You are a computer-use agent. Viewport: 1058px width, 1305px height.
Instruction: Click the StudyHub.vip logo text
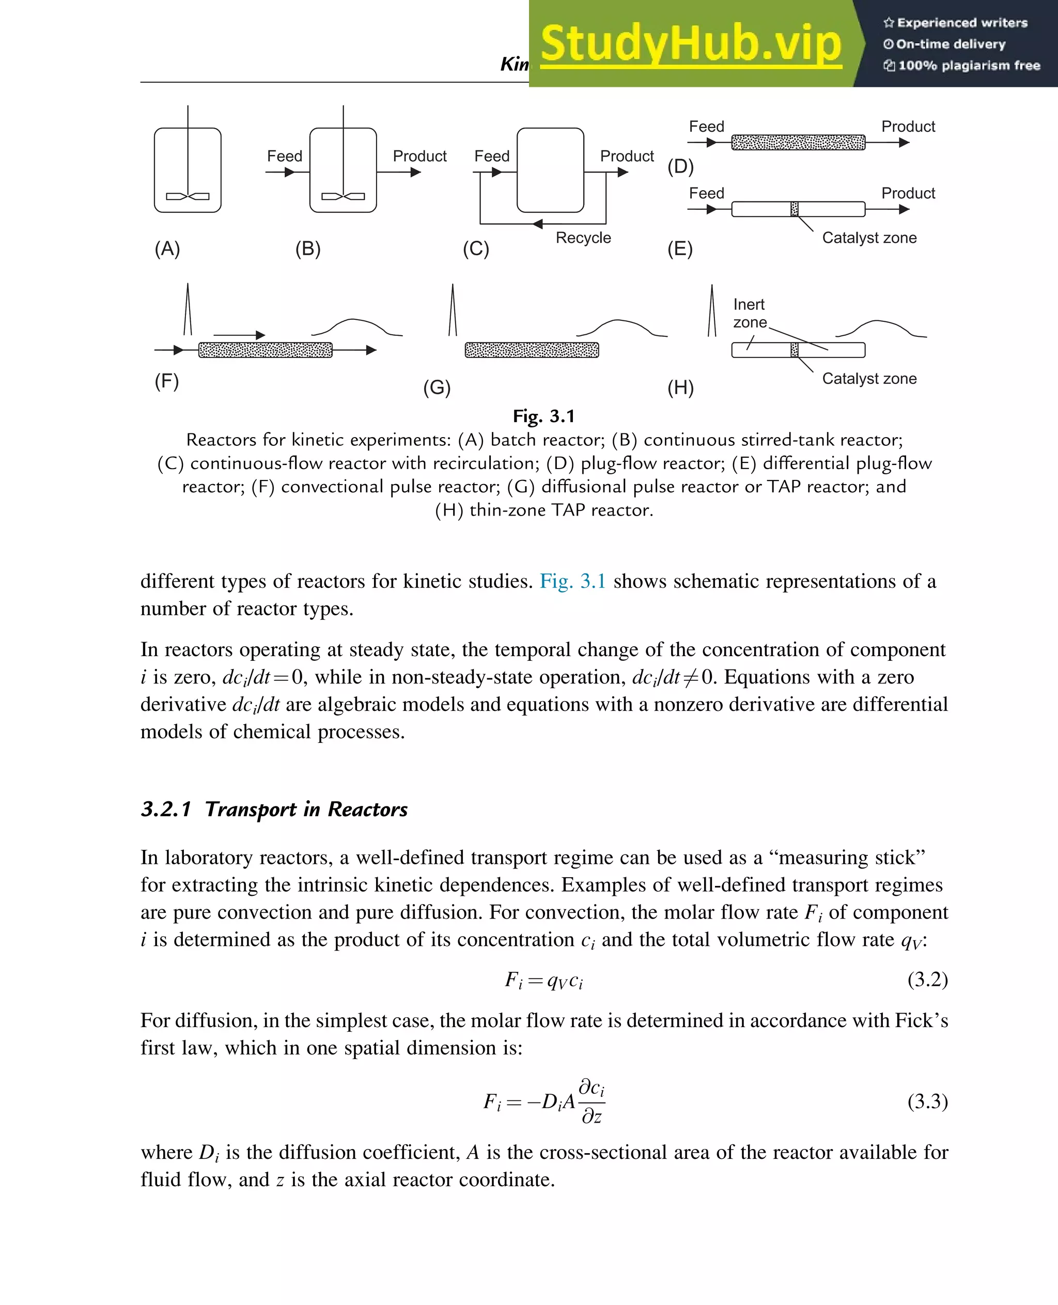coord(691,44)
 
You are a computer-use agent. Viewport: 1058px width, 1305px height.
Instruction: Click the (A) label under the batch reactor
coord(167,248)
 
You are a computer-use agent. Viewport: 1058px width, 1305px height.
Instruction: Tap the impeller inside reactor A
coord(188,196)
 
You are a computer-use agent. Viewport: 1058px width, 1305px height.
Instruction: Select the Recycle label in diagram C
coord(583,238)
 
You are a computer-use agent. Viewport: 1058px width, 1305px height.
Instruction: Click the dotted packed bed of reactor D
coord(798,143)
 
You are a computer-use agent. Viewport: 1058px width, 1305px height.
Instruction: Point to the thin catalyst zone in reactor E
coord(794,209)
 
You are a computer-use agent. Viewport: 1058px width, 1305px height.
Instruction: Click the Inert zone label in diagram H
coord(749,313)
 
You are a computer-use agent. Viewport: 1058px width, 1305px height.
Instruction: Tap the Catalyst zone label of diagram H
coord(869,379)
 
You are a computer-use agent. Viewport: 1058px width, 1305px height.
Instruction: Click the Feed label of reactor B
coord(285,156)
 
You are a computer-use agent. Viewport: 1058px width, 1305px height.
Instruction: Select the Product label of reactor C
coord(627,156)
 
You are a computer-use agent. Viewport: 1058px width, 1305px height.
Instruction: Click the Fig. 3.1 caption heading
coord(543,416)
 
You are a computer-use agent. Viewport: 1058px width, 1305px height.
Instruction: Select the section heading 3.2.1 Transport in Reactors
coord(274,809)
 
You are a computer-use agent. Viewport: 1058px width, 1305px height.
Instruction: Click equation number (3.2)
coord(927,980)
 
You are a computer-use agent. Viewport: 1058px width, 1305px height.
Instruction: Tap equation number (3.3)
coord(927,1101)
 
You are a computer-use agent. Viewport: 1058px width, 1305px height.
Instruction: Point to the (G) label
coord(437,387)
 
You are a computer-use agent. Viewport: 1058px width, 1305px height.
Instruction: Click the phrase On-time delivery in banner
coord(950,44)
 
